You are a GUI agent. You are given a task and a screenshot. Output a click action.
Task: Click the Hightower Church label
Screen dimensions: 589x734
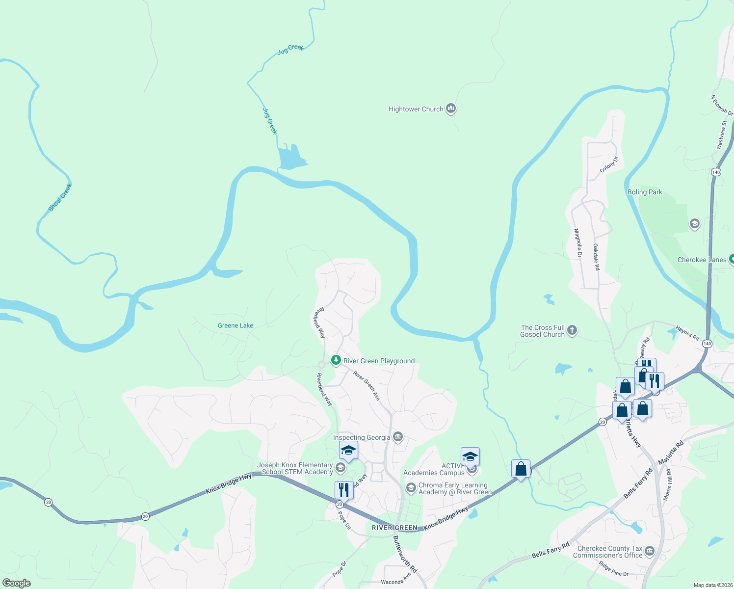coord(416,109)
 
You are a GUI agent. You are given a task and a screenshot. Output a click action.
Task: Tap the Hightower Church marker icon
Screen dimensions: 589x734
coord(451,108)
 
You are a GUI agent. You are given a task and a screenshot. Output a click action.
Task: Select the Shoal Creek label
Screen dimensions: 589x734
coord(60,197)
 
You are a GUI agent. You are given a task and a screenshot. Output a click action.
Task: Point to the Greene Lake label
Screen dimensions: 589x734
coord(236,325)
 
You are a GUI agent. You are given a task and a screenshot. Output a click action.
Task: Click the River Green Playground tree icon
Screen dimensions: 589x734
coord(336,361)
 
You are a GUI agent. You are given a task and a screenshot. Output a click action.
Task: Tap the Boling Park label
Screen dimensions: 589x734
coord(645,192)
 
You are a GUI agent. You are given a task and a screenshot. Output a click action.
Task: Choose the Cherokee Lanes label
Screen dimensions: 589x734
coord(702,260)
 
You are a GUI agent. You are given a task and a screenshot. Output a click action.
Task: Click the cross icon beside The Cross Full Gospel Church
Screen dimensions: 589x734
coord(572,330)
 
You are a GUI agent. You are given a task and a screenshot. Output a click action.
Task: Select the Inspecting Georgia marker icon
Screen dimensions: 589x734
coord(398,436)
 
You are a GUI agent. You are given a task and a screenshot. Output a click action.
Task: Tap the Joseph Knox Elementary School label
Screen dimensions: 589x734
coord(295,468)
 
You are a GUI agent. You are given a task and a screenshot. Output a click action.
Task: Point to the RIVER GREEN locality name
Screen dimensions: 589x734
coord(394,528)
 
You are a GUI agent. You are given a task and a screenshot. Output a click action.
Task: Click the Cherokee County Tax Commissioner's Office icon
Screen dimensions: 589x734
coord(650,551)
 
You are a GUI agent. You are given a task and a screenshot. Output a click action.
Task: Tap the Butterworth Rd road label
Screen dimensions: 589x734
coord(405,554)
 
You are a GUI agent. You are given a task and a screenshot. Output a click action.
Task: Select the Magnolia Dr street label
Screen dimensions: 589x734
coord(578,243)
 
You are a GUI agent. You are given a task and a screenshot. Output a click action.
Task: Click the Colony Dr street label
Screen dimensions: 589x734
coord(609,164)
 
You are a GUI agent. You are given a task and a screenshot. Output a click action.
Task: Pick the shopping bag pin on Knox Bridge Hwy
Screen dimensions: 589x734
coord(521,469)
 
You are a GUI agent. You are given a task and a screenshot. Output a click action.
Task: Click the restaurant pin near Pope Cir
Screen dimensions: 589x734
coord(344,490)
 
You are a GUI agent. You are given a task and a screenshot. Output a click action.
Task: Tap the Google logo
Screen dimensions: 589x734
coord(17,583)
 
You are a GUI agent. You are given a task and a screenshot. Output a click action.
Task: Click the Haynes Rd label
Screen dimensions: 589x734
coord(687,333)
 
